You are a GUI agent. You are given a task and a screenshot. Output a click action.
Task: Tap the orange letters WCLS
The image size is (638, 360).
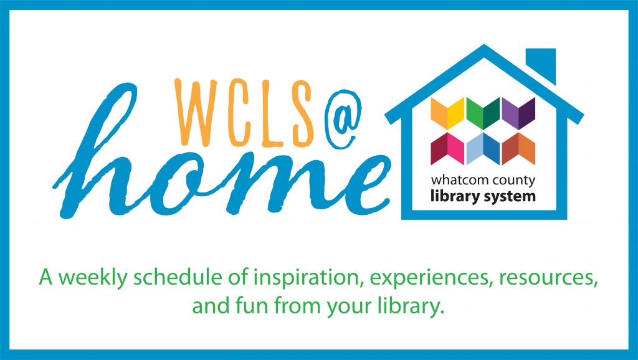tap(245, 112)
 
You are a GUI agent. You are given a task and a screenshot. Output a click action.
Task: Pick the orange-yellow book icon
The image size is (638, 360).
tap(447, 113)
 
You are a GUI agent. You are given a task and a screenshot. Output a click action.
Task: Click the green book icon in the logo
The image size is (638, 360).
tap(483, 113)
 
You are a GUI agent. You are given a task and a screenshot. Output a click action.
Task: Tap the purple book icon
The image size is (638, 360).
tap(518, 113)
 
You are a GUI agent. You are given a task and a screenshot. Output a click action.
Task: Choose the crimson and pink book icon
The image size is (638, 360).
tap(447, 149)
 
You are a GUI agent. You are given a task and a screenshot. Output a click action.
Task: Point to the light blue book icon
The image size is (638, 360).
tap(483, 149)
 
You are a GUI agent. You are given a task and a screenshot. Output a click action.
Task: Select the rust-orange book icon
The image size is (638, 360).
tap(518, 149)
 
